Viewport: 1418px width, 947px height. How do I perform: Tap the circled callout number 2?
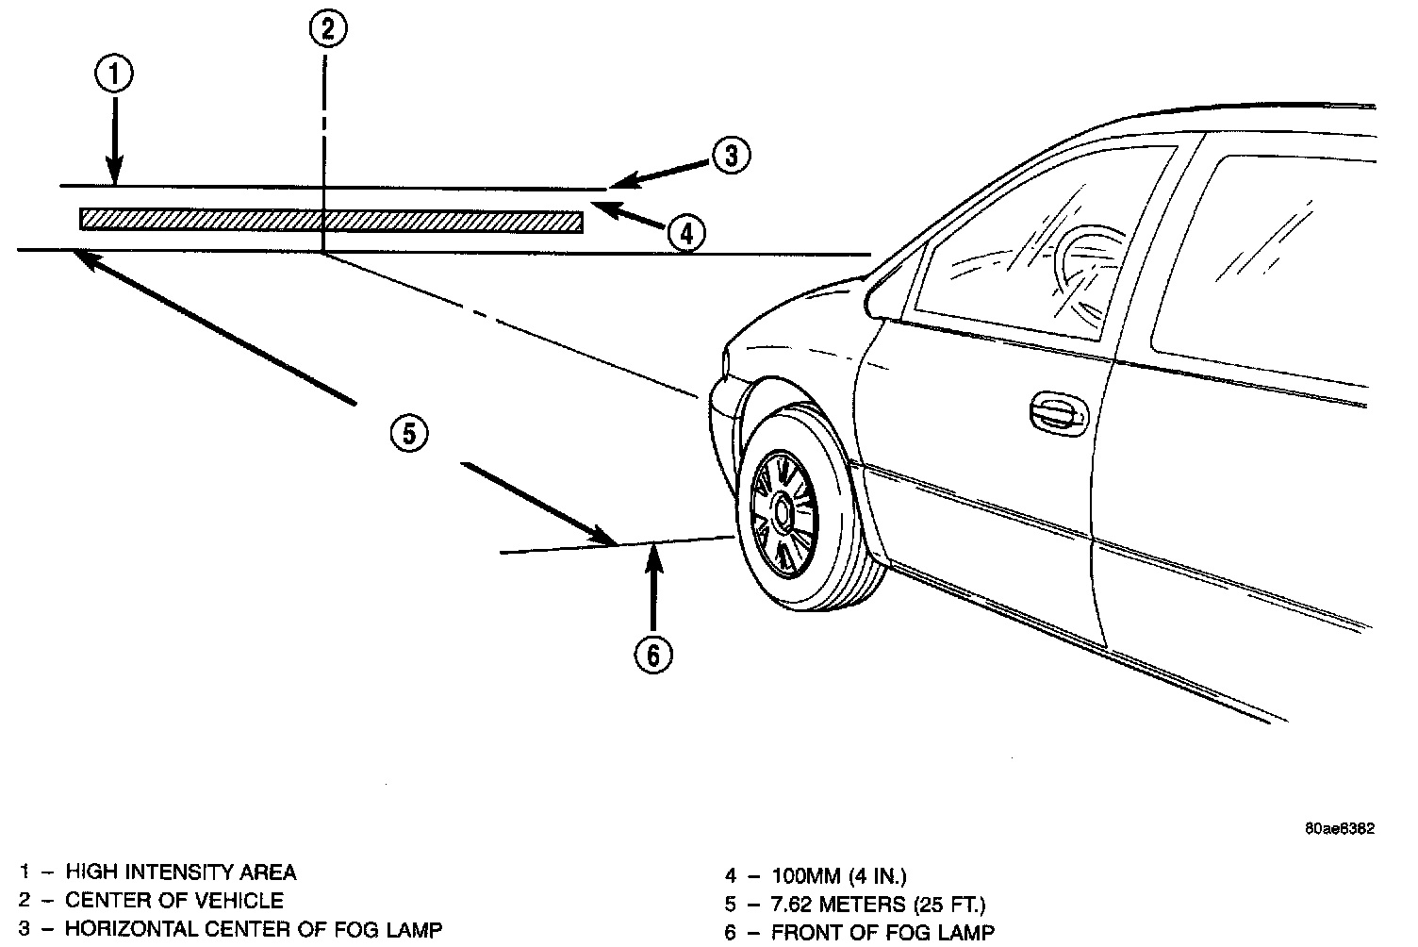pyautogui.click(x=327, y=29)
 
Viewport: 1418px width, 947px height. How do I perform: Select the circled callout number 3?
pyautogui.click(x=731, y=156)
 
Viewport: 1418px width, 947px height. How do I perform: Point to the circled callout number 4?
pyautogui.click(x=685, y=232)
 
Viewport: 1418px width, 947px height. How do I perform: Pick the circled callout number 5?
pyautogui.click(x=409, y=434)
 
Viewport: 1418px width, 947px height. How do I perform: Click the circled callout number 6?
pyautogui.click(x=653, y=654)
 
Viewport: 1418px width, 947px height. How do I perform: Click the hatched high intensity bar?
pyautogui.click(x=331, y=220)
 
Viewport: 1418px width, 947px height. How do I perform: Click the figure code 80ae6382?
pyautogui.click(x=1339, y=829)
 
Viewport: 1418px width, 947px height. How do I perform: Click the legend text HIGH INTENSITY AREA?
pyautogui.click(x=180, y=872)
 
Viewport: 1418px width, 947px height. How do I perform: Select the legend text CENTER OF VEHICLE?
pyautogui.click(x=173, y=900)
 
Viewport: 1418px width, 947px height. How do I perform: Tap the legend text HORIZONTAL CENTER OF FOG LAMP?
pyautogui.click(x=253, y=929)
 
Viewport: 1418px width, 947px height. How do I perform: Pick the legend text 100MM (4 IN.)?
pyautogui.click(x=839, y=875)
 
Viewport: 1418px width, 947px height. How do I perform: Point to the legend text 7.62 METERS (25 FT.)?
pyautogui.click(x=878, y=905)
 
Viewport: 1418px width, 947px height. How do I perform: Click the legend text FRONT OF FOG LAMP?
pyautogui.click(x=882, y=933)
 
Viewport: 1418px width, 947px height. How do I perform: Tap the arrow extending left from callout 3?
pyautogui.click(x=660, y=174)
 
